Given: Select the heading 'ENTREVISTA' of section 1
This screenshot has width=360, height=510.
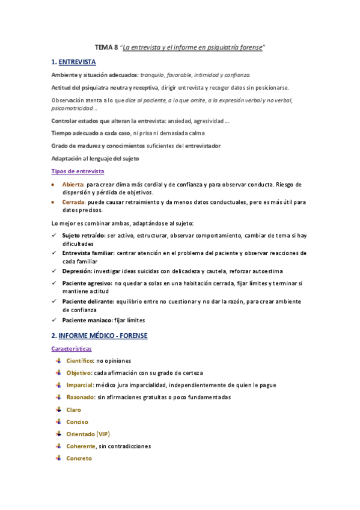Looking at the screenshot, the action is (78, 62).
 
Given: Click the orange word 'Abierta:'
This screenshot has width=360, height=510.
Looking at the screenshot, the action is (73, 184).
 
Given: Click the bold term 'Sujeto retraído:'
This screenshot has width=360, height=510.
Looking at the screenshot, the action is (85, 236).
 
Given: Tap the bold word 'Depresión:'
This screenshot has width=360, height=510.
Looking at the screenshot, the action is (78, 271).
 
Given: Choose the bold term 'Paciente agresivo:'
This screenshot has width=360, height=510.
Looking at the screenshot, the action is (87, 283).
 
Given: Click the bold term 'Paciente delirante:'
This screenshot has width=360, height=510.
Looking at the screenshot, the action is (88, 301).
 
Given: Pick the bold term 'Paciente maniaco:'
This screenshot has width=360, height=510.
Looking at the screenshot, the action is (87, 320).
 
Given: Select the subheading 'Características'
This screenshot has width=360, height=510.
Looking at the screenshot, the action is (72, 349).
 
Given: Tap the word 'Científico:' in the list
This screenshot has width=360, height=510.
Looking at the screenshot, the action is (80, 360).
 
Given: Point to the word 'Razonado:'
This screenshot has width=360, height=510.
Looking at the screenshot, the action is (81, 397).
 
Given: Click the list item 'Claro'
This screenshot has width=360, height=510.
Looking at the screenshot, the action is (73, 410).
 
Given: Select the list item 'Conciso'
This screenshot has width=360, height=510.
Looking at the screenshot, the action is (77, 422).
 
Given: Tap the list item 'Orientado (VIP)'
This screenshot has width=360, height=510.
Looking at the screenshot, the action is (88, 434).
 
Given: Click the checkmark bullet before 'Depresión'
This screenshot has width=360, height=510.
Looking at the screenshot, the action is (55, 271).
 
